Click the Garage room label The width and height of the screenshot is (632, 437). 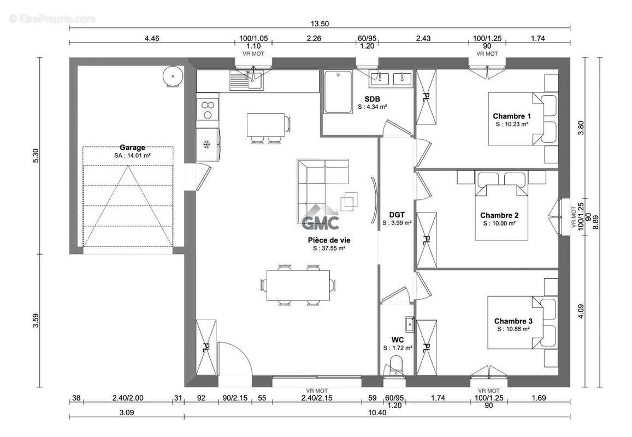click(x=132, y=147)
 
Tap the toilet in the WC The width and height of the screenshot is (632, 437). click(x=394, y=365)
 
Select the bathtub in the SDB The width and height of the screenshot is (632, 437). click(x=338, y=92)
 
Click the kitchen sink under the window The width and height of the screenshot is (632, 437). click(x=246, y=80)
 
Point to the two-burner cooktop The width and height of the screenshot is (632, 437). click(x=208, y=110)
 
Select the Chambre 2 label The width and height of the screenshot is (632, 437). click(x=499, y=215)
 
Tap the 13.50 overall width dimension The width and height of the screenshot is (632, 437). click(x=320, y=23)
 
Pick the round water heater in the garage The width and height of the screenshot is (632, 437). click(x=173, y=75)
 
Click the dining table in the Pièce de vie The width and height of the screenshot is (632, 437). click(x=298, y=285)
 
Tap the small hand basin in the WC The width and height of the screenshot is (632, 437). click(x=410, y=324)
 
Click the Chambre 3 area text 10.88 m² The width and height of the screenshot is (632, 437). click(x=513, y=329)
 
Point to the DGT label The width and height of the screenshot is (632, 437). click(x=397, y=215)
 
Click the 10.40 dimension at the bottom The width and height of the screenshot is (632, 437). click(x=377, y=412)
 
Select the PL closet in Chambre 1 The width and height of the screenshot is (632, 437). click(x=426, y=97)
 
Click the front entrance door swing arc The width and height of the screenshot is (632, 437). click(x=244, y=351)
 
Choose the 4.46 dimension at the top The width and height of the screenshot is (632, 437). click(x=152, y=38)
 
